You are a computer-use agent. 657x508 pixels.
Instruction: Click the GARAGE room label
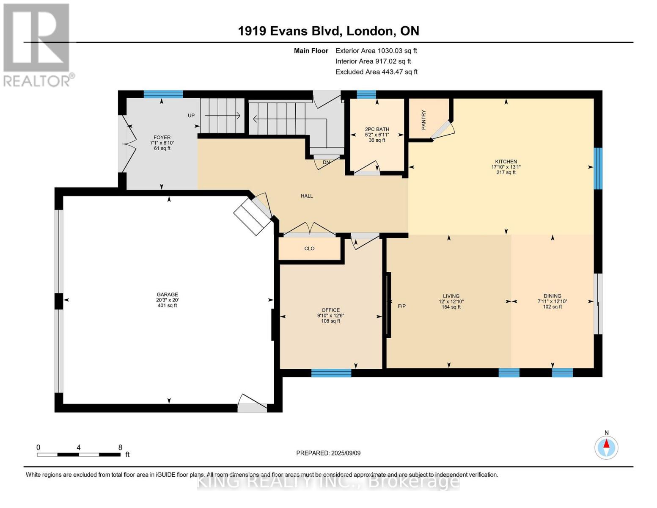point(167,294)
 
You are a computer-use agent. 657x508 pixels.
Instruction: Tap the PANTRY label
point(423,120)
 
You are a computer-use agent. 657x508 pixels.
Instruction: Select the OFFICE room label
point(331,310)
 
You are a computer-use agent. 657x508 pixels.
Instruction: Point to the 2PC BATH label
point(377,129)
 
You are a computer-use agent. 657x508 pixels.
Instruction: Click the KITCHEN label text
point(506,162)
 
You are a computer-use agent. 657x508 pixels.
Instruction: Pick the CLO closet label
point(309,248)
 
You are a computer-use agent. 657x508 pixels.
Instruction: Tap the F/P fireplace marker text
point(402,306)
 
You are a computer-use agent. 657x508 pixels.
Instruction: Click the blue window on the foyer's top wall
point(163,94)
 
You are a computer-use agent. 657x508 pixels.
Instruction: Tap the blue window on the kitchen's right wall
point(598,168)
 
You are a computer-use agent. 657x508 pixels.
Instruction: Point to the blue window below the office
point(331,373)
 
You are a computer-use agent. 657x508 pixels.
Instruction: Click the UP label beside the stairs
point(191,116)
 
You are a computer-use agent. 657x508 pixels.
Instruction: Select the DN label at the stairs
point(326,163)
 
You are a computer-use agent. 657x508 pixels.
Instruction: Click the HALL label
point(307,196)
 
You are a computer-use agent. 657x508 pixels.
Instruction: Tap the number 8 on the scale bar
point(120,447)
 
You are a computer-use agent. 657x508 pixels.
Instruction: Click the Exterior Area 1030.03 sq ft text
point(376,51)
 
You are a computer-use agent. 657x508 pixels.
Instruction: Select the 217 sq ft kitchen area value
point(506,172)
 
